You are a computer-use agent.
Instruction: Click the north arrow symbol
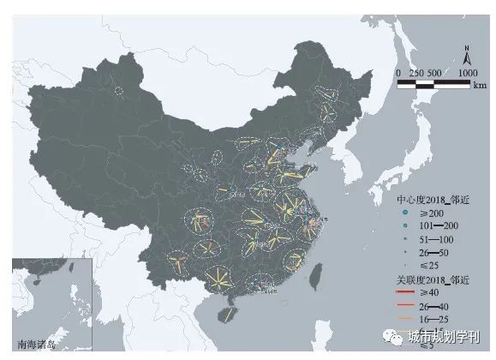click(x=463, y=57)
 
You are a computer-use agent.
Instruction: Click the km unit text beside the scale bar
click(x=478, y=87)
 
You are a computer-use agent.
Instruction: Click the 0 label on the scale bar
click(x=398, y=74)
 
